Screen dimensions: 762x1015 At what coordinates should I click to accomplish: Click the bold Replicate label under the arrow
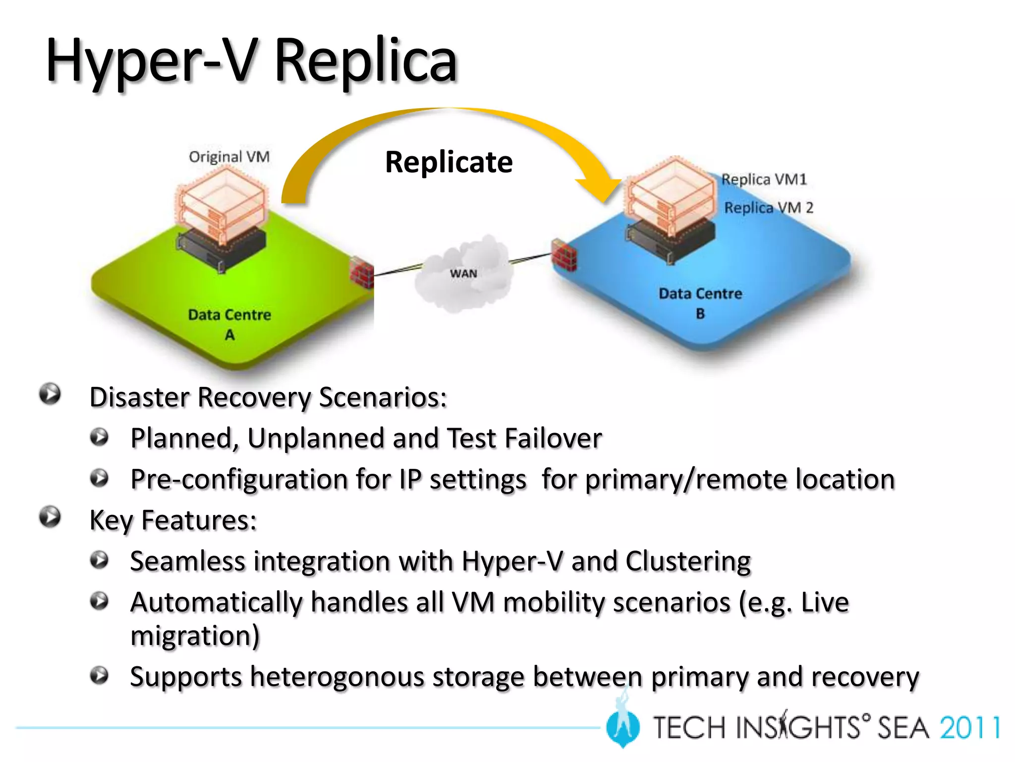coord(449,162)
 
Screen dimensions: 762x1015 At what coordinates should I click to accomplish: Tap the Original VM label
coord(229,157)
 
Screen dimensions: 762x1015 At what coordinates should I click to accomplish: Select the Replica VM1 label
coord(764,179)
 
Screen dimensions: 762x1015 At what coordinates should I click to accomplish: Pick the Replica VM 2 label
coord(768,207)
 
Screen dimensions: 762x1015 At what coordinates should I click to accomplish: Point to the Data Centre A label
coord(229,323)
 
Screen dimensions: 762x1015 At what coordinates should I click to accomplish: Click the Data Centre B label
coord(700,303)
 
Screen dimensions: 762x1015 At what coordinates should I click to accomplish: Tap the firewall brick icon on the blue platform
coord(564,254)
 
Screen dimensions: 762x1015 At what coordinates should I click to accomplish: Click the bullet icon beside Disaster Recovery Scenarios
coord(50,394)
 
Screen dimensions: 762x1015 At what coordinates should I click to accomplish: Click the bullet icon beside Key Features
coord(50,517)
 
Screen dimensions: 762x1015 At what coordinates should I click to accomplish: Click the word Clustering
coord(688,562)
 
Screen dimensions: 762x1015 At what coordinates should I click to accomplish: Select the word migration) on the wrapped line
coord(195,635)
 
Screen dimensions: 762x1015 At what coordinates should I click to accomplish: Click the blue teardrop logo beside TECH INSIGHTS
coord(623,727)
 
